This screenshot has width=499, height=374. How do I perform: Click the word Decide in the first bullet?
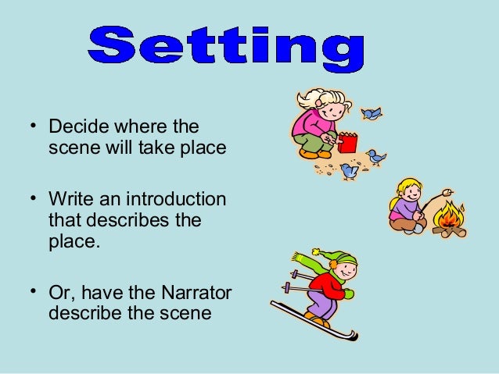(x=76, y=126)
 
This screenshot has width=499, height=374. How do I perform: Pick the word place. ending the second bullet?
(x=75, y=241)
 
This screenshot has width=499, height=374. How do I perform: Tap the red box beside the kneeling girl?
(x=347, y=144)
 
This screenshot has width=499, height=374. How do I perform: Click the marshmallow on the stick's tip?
(x=447, y=191)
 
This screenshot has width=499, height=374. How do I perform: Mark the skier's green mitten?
(x=348, y=294)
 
